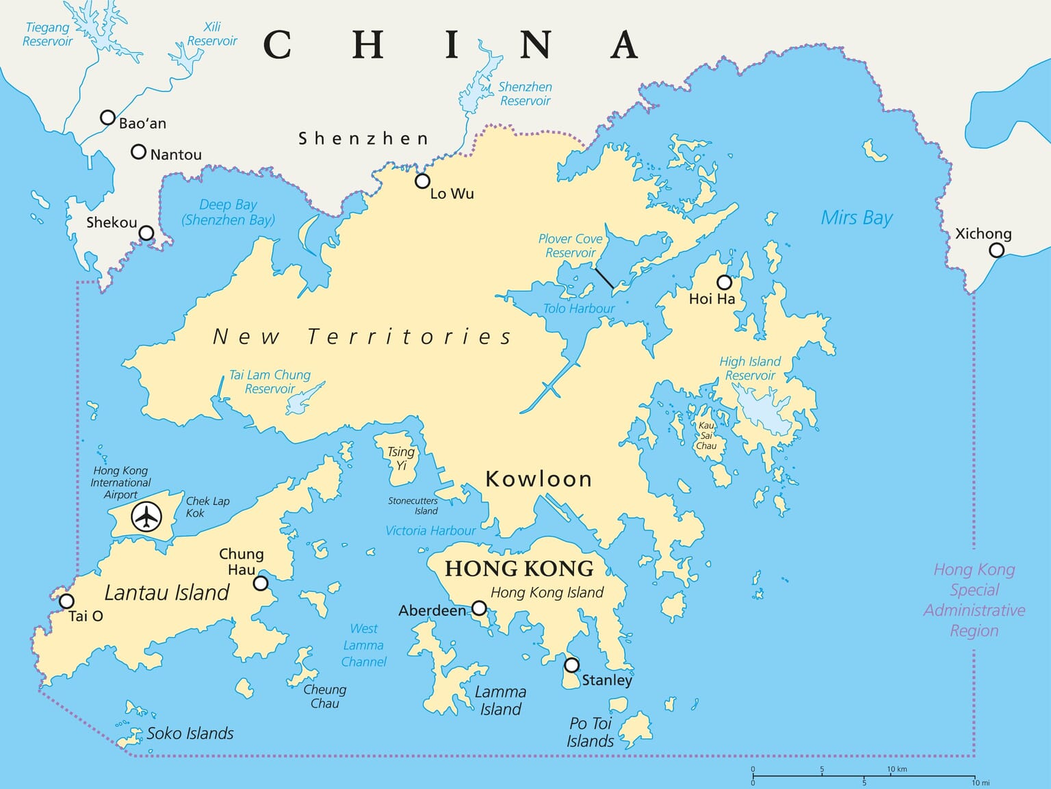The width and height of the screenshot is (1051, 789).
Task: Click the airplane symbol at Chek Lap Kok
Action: (x=146, y=516)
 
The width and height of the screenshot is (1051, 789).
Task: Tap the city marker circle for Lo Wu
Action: (x=422, y=181)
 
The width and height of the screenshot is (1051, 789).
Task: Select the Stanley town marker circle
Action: (x=571, y=665)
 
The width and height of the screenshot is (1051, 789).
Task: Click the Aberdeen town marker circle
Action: (x=479, y=608)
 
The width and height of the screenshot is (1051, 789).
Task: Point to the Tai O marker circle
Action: (x=66, y=602)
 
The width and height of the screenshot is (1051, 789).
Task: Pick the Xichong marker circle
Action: (x=997, y=250)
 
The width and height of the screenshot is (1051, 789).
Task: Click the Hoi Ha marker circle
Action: (x=724, y=282)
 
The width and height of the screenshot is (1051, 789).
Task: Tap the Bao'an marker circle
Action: (x=107, y=118)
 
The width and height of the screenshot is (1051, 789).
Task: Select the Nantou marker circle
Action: (x=138, y=152)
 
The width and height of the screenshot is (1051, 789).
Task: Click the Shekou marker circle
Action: (x=146, y=233)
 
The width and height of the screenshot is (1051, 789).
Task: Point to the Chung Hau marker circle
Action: (x=261, y=583)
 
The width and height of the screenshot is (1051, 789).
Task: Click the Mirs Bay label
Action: (x=857, y=218)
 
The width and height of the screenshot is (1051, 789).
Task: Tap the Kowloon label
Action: (x=539, y=479)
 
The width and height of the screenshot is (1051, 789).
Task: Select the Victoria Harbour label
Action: (x=430, y=530)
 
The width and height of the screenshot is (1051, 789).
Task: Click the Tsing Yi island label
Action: (x=401, y=458)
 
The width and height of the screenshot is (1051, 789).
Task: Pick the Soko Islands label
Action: (x=190, y=734)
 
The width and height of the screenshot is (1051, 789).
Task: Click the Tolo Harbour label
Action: (x=579, y=309)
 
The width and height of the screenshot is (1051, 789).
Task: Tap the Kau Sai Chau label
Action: (x=706, y=436)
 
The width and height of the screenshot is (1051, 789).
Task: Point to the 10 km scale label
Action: (x=897, y=769)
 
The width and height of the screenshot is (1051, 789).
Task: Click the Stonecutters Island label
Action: (x=413, y=506)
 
